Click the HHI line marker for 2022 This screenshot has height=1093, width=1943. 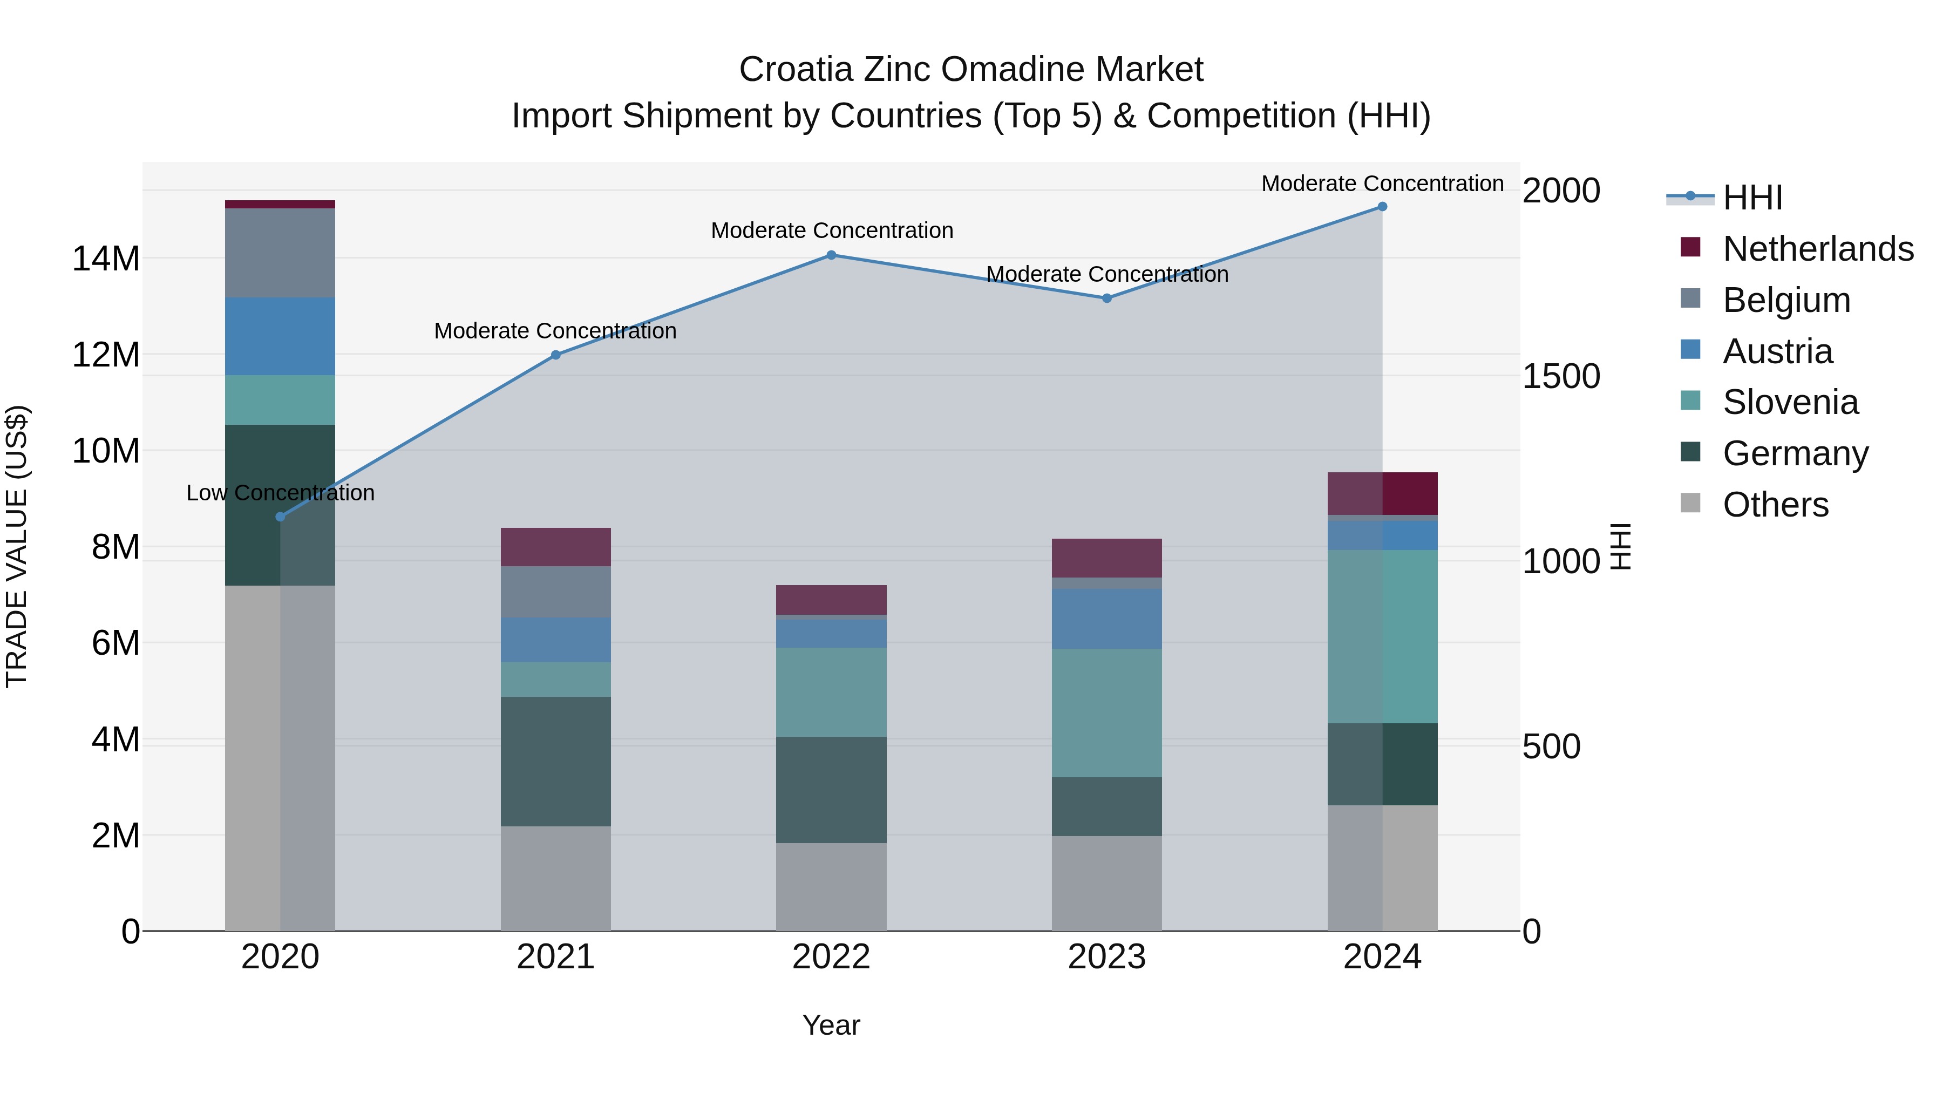pyautogui.click(x=831, y=255)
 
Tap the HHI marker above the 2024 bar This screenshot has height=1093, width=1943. pyautogui.click(x=1382, y=207)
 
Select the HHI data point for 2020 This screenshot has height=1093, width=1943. pyautogui.click(x=280, y=517)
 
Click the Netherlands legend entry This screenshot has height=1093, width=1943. pyautogui.click(x=1818, y=249)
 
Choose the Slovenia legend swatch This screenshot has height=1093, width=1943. pyautogui.click(x=1690, y=400)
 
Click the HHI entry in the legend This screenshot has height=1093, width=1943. pyautogui.click(x=1752, y=198)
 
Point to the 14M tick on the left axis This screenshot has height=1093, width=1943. pyautogui.click(x=106, y=259)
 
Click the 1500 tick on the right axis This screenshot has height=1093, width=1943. pyautogui.click(x=1560, y=376)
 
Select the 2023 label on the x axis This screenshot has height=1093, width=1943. pyautogui.click(x=1106, y=956)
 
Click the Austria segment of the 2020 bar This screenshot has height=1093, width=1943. pyautogui.click(x=280, y=336)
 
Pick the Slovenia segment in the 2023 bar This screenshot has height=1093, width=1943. pyautogui.click(x=1106, y=713)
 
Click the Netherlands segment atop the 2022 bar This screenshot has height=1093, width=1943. pyautogui.click(x=831, y=600)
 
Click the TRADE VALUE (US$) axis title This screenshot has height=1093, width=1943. pyautogui.click(x=17, y=546)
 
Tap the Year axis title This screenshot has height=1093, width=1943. pyautogui.click(x=831, y=1025)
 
